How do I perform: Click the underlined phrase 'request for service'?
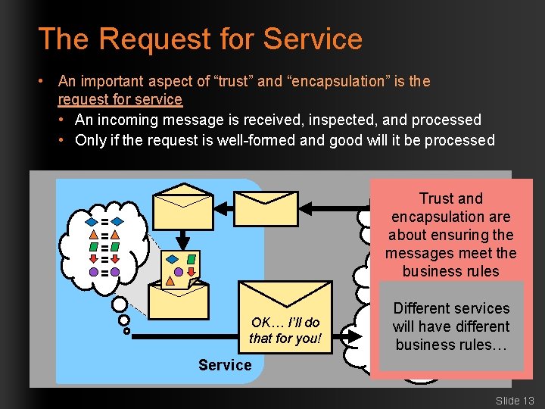(x=120, y=100)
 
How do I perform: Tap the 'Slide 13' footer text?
(x=515, y=400)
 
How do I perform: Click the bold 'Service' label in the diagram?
(x=225, y=365)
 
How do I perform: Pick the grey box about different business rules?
(x=451, y=326)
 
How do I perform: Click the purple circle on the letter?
(x=179, y=271)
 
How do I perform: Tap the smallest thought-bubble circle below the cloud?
(x=126, y=331)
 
